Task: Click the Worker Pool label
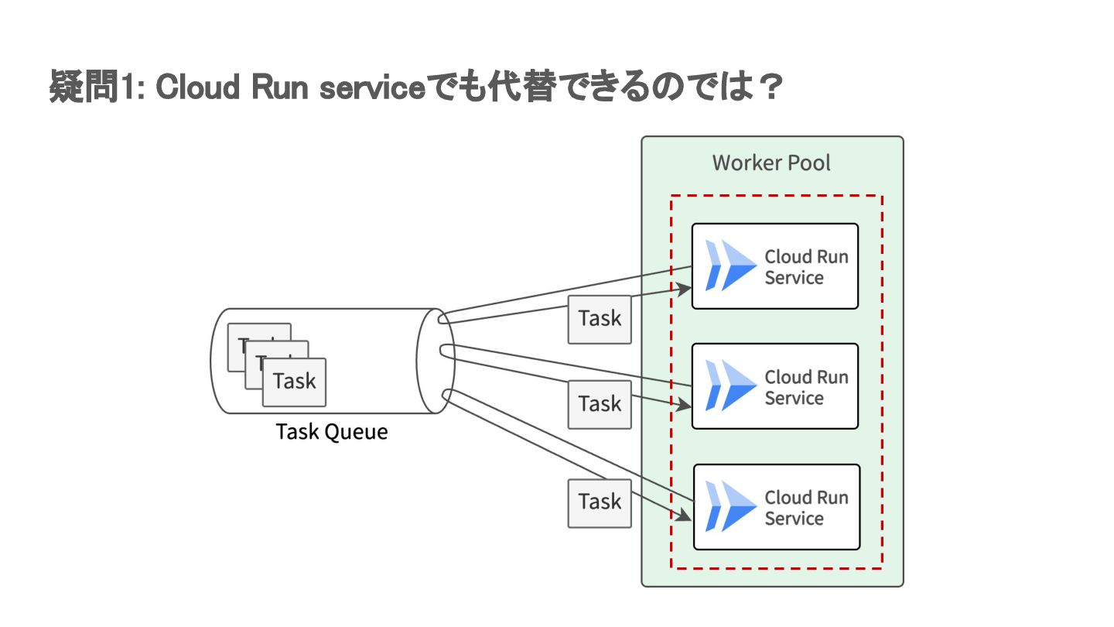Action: (771, 163)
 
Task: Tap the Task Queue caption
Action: (332, 432)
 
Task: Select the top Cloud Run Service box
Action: (775, 266)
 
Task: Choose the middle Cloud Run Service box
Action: (775, 386)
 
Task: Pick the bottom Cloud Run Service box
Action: (776, 507)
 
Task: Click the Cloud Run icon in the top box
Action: (730, 266)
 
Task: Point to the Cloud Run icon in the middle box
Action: (730, 385)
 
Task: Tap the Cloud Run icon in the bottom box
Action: (730, 506)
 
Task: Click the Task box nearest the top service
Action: (600, 319)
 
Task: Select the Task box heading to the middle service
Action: (600, 404)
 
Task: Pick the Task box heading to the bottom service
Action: (600, 502)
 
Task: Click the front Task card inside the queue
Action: (294, 382)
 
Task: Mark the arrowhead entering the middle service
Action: (685, 405)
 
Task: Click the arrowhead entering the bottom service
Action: (685, 516)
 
